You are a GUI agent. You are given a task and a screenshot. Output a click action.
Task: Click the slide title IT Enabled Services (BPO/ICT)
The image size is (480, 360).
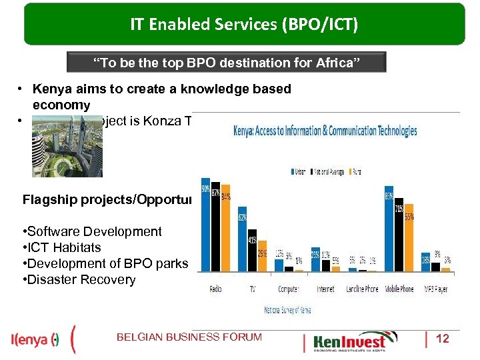click(244, 25)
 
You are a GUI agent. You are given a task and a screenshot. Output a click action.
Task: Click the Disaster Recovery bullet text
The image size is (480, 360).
click(80, 280)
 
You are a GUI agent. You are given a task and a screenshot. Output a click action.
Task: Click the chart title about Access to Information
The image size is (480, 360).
click(325, 130)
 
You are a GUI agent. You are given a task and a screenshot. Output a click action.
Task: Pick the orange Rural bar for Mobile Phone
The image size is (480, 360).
click(409, 237)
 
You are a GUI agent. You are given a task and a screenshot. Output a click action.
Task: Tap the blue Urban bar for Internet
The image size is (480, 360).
click(315, 262)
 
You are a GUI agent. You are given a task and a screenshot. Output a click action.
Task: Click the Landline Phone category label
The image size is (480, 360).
click(362, 289)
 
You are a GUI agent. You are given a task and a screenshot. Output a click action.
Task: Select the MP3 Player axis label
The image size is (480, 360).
click(437, 289)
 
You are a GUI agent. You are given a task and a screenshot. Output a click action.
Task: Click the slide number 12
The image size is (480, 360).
click(442, 339)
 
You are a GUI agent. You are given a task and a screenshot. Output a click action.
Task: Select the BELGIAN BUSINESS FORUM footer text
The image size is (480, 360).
click(189, 337)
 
